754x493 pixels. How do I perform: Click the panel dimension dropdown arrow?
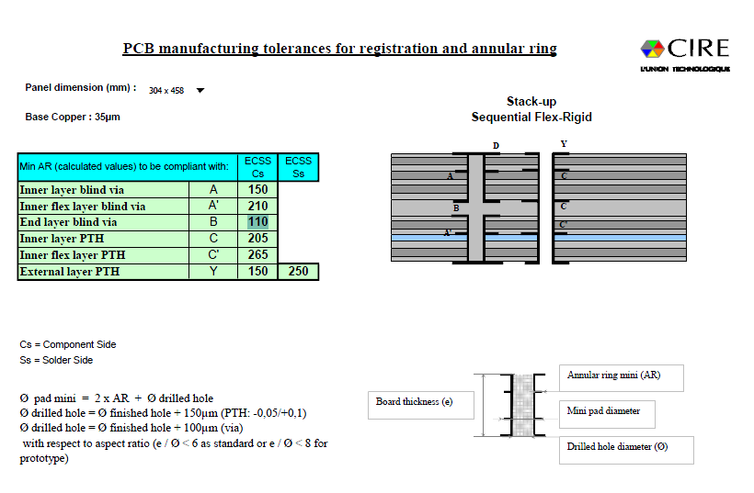200,90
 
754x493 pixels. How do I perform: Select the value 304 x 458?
166,90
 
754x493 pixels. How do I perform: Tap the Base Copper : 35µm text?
73,117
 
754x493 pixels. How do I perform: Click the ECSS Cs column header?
257,166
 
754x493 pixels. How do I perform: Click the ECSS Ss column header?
298,166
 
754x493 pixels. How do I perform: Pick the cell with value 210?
258,206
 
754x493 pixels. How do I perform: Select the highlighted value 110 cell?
258,222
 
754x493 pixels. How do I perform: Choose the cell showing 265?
258,254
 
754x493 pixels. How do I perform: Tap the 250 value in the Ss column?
298,271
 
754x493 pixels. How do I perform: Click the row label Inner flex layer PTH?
73,254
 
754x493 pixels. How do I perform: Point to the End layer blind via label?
69,222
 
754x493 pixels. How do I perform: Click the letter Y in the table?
213,271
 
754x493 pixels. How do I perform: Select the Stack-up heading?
531,101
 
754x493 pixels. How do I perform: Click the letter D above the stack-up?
496,146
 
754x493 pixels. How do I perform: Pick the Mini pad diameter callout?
607,411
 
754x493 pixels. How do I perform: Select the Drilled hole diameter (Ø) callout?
616,446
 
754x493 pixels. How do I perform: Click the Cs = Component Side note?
68,344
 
